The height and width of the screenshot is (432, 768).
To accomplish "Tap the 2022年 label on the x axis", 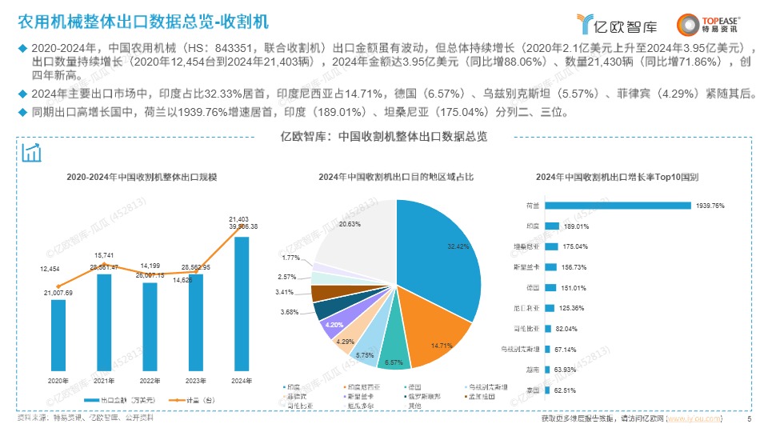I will (x=150, y=381).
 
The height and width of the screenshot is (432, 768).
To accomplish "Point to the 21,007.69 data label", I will (x=58, y=293).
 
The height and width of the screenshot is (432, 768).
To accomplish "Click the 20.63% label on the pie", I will (x=349, y=225).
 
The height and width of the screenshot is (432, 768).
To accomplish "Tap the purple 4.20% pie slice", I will (x=333, y=325).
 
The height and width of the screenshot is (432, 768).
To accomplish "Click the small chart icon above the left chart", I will (x=33, y=153).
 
